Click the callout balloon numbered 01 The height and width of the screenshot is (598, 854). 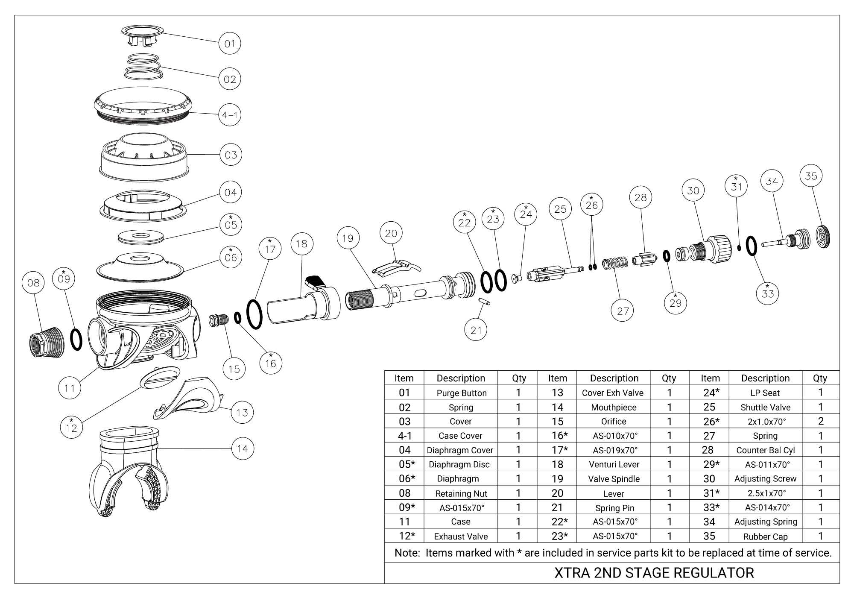click(230, 44)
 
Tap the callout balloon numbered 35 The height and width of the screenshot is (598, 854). click(811, 176)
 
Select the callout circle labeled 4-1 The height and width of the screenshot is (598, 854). click(230, 115)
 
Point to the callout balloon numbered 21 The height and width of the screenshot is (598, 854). click(476, 330)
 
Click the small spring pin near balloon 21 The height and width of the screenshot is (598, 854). click(484, 301)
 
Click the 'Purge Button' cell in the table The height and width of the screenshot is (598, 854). click(461, 393)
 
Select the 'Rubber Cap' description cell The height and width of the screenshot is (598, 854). click(765, 536)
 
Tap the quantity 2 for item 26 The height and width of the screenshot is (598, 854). click(820, 421)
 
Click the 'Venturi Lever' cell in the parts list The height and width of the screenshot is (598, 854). click(614, 464)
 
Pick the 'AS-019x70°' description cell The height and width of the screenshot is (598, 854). click(614, 450)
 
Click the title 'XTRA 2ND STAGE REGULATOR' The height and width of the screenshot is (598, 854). click(654, 573)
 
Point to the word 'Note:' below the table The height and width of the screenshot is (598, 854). click(407, 553)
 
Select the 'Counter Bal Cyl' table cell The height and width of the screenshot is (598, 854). click(765, 450)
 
